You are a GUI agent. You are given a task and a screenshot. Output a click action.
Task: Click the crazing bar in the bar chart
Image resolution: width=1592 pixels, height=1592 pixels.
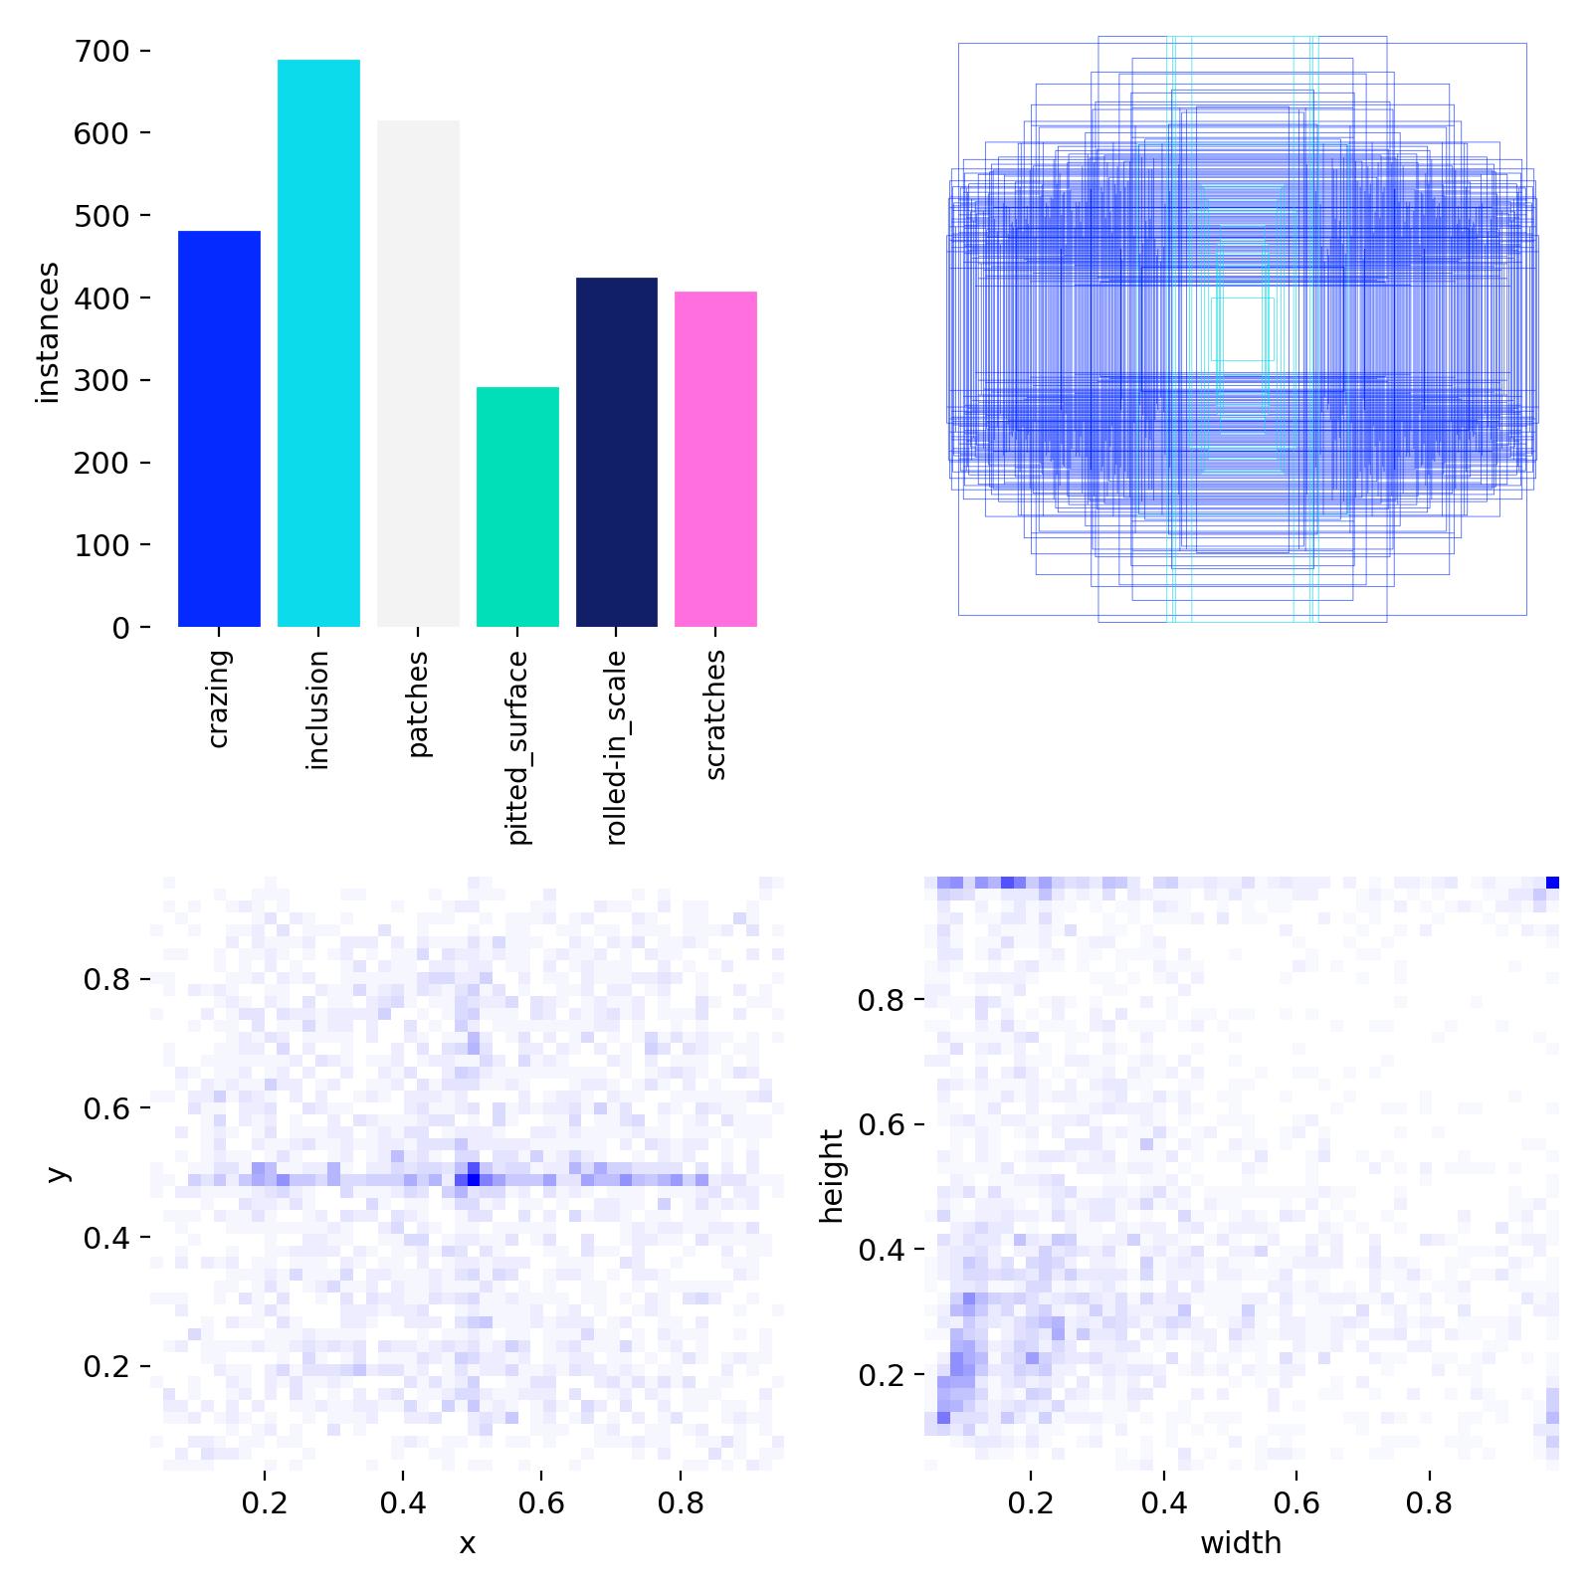pyautogui.click(x=219, y=429)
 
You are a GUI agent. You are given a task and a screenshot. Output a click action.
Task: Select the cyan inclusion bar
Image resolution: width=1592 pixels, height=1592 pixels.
pyautogui.click(x=318, y=343)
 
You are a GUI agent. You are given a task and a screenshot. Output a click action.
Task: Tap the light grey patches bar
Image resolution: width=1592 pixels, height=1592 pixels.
pyautogui.click(x=418, y=374)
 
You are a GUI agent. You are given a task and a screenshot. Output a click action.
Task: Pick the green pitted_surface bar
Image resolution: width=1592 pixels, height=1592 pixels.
pyautogui.click(x=517, y=506)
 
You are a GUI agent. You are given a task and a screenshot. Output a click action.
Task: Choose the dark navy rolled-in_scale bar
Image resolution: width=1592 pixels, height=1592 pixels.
pyautogui.click(x=616, y=452)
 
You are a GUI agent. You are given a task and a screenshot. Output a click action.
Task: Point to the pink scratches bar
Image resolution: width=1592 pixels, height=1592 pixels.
pyautogui.click(x=715, y=459)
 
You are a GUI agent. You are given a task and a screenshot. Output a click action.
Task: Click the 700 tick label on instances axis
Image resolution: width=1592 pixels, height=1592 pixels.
pyautogui.click(x=102, y=51)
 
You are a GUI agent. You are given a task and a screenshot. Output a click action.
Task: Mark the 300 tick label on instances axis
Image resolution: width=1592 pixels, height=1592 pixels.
pyautogui.click(x=102, y=380)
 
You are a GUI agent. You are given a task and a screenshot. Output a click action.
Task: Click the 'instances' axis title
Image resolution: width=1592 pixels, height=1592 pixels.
pyautogui.click(x=48, y=333)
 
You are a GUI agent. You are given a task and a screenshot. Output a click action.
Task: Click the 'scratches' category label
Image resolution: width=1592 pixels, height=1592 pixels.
pyautogui.click(x=716, y=714)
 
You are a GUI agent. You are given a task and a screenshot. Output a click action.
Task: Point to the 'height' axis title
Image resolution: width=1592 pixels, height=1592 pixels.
pyautogui.click(x=832, y=1175)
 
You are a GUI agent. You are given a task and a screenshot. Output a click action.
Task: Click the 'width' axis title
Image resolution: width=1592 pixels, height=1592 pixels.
pyautogui.click(x=1241, y=1543)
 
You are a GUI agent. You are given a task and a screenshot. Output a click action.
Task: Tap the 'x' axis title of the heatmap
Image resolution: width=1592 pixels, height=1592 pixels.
pyautogui.click(x=467, y=1543)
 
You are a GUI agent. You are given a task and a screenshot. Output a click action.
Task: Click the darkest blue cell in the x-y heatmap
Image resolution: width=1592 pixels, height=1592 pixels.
pyautogui.click(x=474, y=1179)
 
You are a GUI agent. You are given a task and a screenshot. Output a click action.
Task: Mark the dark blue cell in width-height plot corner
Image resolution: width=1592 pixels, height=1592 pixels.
pyautogui.click(x=1552, y=883)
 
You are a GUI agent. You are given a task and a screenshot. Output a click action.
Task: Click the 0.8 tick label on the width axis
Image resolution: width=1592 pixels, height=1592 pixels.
pyautogui.click(x=1429, y=1503)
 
